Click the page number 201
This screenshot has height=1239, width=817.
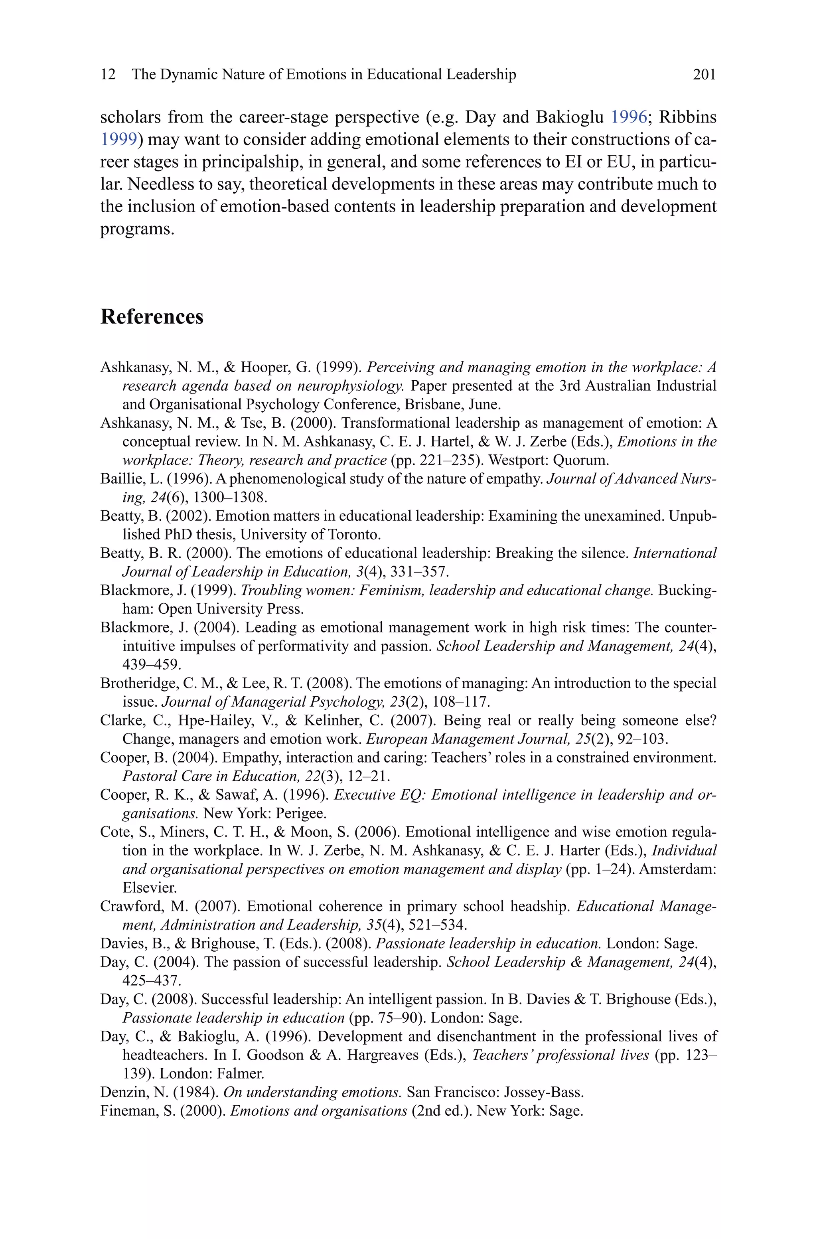click(x=705, y=75)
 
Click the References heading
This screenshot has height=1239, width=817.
click(x=152, y=317)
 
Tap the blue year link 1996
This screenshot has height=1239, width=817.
click(x=628, y=117)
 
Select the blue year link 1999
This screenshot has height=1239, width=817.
click(x=119, y=140)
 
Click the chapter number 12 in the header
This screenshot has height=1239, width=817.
click(x=108, y=75)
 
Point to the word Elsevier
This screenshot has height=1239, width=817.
click(x=142, y=887)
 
